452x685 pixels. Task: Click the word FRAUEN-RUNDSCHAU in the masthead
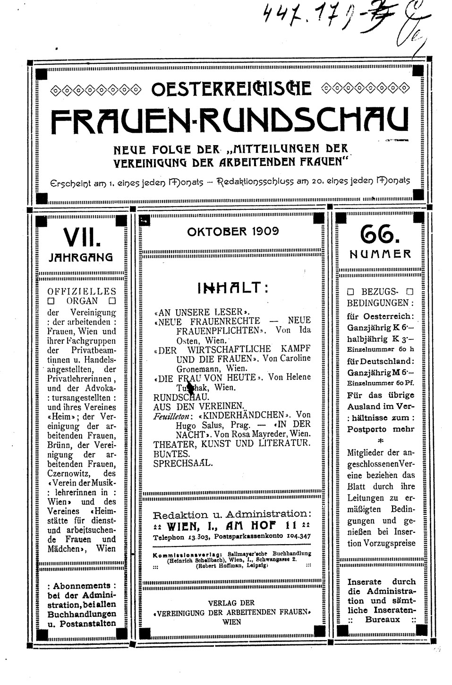pyautogui.click(x=229, y=121)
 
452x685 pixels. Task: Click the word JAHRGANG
pyautogui.click(x=81, y=258)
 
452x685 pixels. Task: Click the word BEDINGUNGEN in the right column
pyautogui.click(x=380, y=303)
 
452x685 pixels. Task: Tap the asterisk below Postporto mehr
pyautogui.click(x=380, y=442)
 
